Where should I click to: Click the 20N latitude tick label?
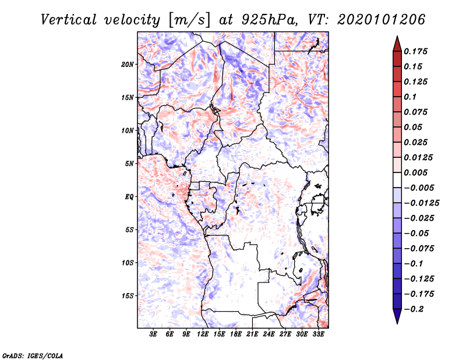click(x=128, y=64)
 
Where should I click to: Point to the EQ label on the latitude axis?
click(x=129, y=197)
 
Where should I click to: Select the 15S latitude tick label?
click(x=128, y=296)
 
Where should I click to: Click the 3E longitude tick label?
click(x=153, y=335)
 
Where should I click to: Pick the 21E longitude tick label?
click(x=252, y=335)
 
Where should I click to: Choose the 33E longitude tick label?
click(x=318, y=335)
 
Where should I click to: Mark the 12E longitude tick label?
click(x=203, y=335)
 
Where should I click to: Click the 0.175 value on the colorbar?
click(x=417, y=51)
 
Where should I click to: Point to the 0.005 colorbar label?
click(x=417, y=172)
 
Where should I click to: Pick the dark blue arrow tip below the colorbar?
click(x=397, y=319)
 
